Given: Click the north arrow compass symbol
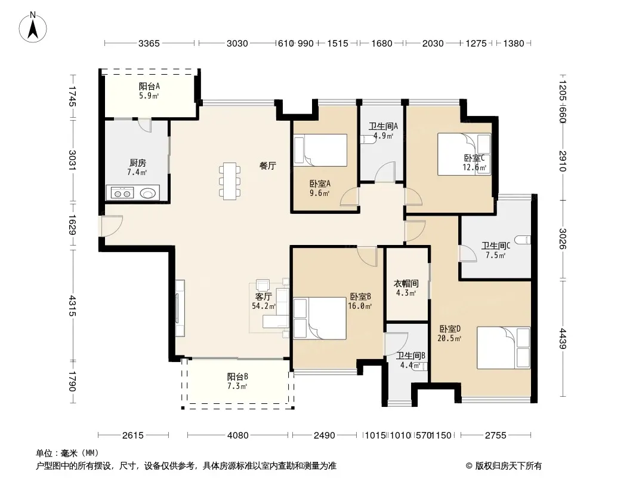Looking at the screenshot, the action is click(x=33, y=27).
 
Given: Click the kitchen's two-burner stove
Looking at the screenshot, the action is click(x=122, y=193).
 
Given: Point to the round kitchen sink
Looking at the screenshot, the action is click(x=148, y=193).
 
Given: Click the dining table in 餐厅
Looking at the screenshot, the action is click(x=230, y=181).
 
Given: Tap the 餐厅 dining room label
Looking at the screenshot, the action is click(x=268, y=166).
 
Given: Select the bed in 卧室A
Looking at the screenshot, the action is click(x=320, y=150).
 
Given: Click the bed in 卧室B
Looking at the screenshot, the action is click(x=320, y=318).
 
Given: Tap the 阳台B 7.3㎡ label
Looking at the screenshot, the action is click(x=237, y=381).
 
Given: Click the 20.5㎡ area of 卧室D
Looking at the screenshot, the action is click(x=449, y=338).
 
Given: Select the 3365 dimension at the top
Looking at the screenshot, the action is click(x=149, y=44).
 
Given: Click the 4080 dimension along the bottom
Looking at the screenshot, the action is click(x=237, y=436).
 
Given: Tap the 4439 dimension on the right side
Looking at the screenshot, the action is click(x=563, y=338).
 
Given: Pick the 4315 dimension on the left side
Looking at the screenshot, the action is click(x=72, y=305).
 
